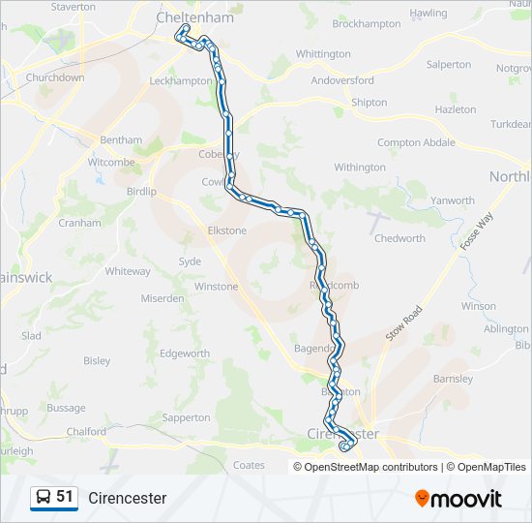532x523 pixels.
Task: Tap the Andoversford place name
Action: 342,80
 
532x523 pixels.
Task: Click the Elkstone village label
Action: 227,231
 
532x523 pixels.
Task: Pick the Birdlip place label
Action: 141,192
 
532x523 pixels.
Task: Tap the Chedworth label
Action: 399,238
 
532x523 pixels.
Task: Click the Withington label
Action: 360,168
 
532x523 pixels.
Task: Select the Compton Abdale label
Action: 416,142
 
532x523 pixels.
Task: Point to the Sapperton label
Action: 187,417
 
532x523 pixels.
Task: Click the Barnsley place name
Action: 453,379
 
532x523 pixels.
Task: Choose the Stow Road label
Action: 404,322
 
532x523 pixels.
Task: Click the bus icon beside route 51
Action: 44,498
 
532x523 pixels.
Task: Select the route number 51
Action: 65,497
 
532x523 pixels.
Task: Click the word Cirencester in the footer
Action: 127,498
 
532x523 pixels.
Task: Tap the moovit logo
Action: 458,498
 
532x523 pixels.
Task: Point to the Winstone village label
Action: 216,287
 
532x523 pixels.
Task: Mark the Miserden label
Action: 163,298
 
